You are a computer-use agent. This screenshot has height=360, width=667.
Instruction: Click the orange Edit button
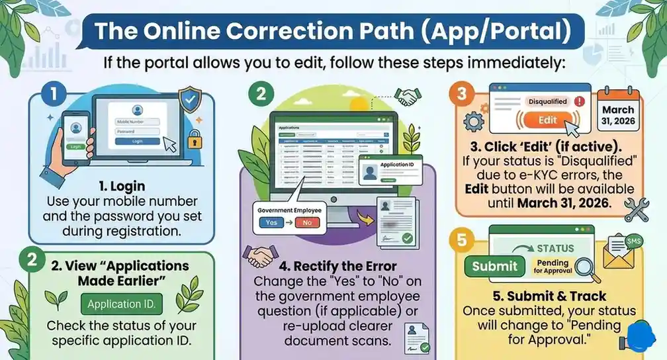(x=547, y=120)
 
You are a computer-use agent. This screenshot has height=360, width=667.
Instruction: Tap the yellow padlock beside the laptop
(x=194, y=142)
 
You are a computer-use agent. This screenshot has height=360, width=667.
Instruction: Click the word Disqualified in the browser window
(x=547, y=101)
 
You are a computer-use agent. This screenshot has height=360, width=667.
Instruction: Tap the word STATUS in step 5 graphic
(x=555, y=248)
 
